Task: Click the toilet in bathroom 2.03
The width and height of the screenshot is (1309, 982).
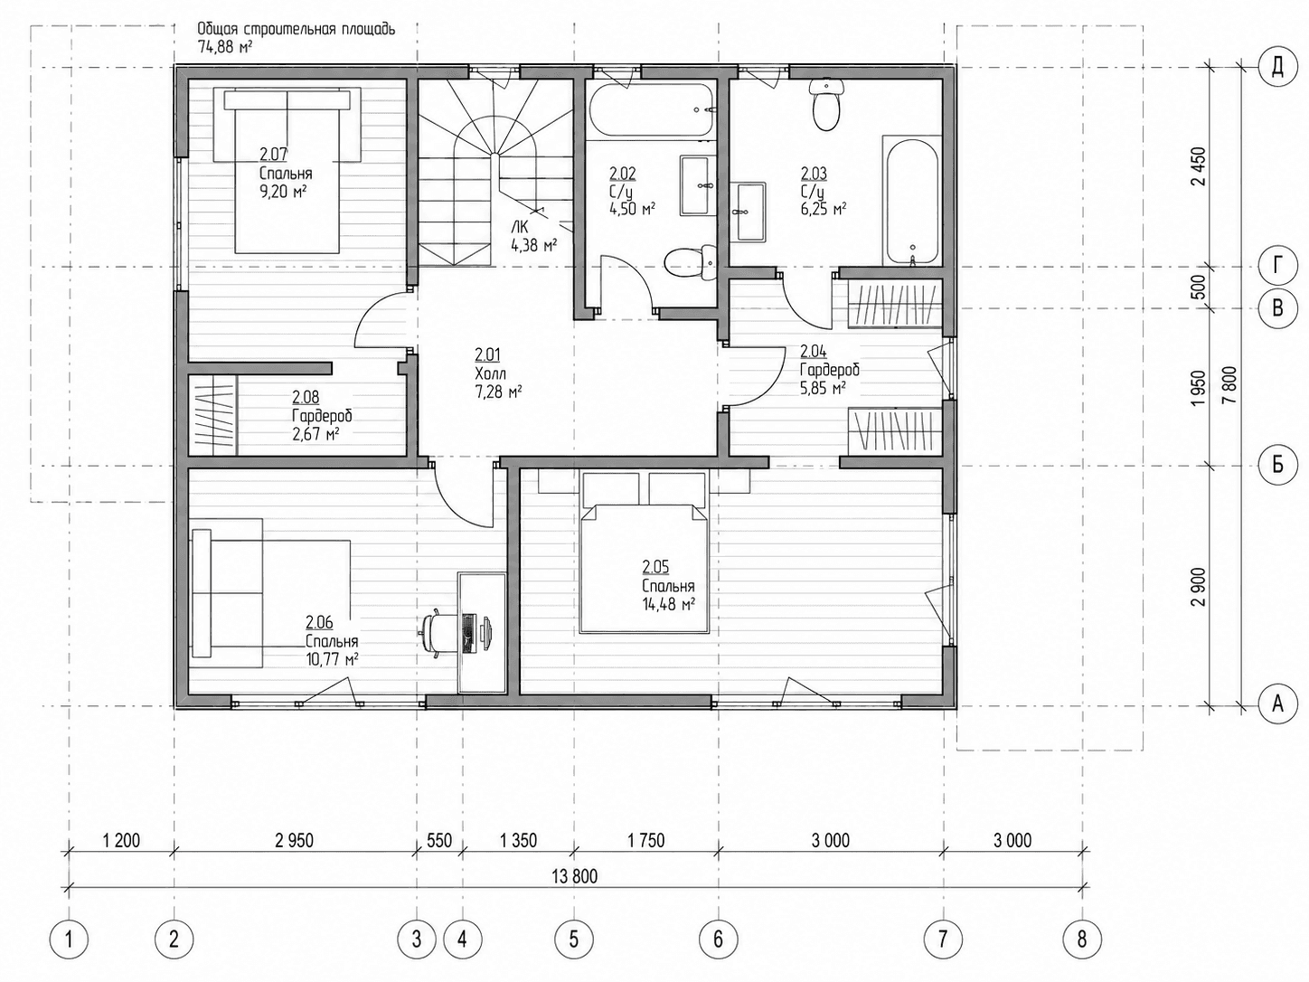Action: (826, 108)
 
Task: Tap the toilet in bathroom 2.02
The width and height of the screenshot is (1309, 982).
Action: (690, 263)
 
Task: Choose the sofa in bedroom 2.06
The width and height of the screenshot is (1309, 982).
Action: (227, 592)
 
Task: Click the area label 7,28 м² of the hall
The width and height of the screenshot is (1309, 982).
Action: (498, 392)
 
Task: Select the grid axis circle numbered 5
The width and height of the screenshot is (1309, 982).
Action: (574, 940)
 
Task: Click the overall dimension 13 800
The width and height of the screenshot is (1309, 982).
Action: (574, 876)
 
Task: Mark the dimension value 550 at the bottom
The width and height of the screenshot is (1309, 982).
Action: (439, 841)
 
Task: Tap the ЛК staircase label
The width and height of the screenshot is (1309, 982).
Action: (520, 227)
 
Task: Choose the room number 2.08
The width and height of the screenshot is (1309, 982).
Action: (306, 396)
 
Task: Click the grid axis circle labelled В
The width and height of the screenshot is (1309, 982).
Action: (1277, 308)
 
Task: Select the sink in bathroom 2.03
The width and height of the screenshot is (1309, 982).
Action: (748, 212)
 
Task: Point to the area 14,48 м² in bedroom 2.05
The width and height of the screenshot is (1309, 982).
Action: (669, 605)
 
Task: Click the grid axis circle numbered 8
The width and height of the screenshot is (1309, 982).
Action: (1082, 940)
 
